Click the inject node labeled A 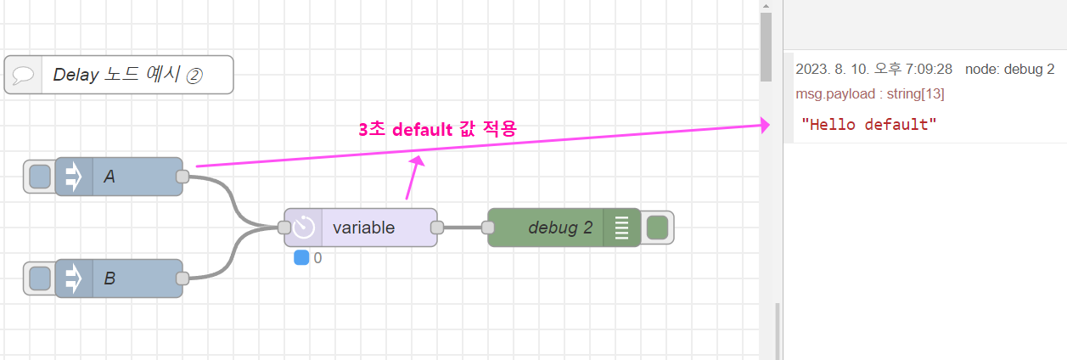click(127, 177)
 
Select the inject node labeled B click(127, 278)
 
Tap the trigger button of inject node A click(39, 177)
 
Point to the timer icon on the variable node click(304, 228)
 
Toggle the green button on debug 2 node click(657, 228)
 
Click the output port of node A click(182, 177)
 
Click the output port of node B click(182, 278)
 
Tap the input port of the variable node click(284, 228)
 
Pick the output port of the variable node click(437, 228)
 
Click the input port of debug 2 click(488, 228)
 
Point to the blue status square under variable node click(301, 257)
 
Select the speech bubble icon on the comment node click(23, 75)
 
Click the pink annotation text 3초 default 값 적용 click(437, 129)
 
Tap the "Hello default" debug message click(869, 125)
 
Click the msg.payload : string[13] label click(870, 93)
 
